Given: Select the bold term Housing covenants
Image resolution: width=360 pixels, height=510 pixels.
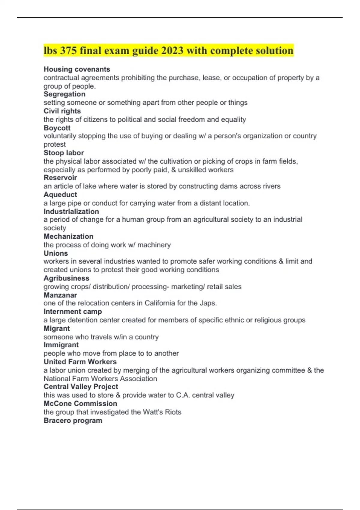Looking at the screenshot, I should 77,69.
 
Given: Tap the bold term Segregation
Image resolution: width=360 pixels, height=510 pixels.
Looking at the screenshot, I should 64,94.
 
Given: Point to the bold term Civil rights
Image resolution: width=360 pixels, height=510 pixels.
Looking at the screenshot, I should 62,111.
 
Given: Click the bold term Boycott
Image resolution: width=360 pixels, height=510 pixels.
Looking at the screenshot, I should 57,128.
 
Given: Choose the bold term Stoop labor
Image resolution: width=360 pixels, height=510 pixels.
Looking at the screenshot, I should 64,153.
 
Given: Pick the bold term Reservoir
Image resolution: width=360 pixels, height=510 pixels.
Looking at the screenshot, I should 60,178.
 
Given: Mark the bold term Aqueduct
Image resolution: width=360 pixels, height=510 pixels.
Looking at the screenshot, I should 60,194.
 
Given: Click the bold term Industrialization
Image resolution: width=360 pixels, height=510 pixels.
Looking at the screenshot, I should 71,211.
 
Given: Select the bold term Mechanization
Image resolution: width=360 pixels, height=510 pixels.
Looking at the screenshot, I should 68,236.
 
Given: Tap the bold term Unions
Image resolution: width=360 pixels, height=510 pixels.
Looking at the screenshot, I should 56,253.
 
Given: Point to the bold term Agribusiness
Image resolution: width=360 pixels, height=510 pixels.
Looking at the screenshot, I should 66,278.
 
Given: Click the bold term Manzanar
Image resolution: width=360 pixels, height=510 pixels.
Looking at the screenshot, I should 60,295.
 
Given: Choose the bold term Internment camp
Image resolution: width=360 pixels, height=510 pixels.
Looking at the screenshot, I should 73,312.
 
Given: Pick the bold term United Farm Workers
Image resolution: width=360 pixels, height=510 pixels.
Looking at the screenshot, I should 80,362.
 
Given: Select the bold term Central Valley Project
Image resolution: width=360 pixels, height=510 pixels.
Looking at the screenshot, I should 81,387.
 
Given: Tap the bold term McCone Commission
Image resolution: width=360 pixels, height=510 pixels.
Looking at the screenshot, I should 80,403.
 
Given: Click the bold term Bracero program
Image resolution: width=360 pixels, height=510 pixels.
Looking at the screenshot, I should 73,421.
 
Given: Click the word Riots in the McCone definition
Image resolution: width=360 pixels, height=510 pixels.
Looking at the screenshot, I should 173,412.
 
